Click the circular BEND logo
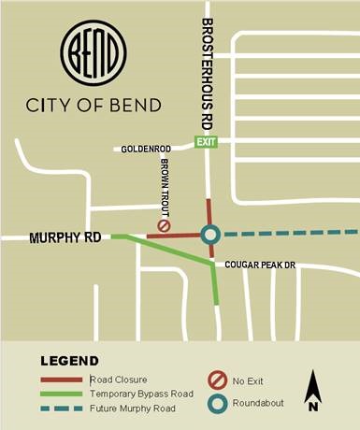93,55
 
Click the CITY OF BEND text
93,103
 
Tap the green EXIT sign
205,141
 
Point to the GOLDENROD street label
146,149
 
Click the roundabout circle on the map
210,235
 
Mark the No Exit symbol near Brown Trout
164,225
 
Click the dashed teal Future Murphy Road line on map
290,233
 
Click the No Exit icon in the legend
213,380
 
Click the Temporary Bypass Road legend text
141,394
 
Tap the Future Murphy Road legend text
133,408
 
